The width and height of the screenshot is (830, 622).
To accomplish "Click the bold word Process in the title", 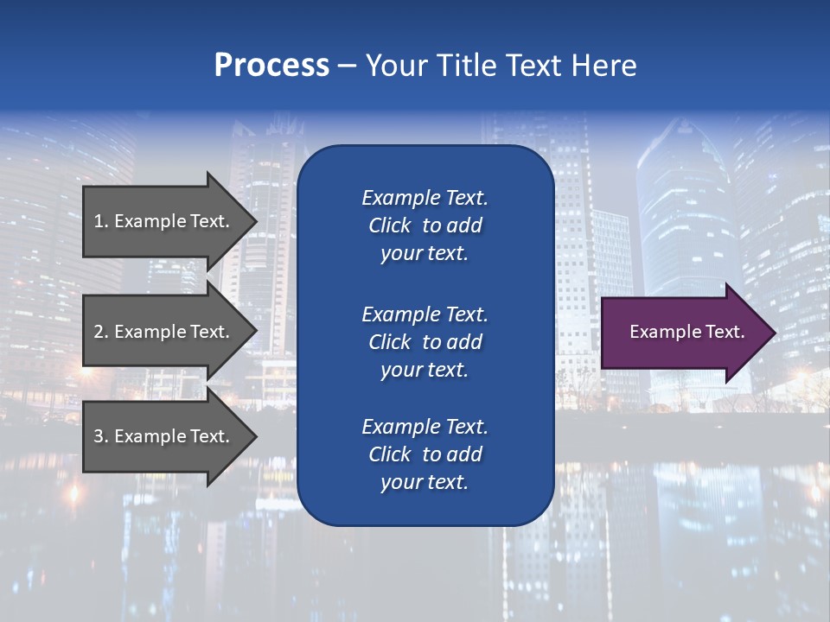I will point(271,66).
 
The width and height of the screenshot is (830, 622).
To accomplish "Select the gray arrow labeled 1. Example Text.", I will point(164,221).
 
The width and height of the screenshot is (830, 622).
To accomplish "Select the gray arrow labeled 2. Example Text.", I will point(164,332).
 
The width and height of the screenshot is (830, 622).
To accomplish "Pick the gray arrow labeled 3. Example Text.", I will point(164,436).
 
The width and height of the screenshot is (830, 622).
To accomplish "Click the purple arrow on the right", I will point(683,333).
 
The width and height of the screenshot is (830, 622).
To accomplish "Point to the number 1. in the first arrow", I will point(101,221).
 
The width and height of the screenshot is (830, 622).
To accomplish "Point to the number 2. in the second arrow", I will point(101,332).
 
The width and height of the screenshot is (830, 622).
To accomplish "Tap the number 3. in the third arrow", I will point(101,436).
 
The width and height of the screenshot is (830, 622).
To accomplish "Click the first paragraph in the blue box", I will point(425,225).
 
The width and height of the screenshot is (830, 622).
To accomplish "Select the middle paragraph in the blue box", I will point(425,342).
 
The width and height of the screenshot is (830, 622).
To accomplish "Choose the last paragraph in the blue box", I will point(425,454).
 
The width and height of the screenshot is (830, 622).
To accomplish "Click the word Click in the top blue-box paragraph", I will point(389,225).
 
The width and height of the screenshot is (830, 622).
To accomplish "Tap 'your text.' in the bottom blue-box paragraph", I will point(425,482).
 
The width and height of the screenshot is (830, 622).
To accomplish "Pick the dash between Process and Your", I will point(347,67).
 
